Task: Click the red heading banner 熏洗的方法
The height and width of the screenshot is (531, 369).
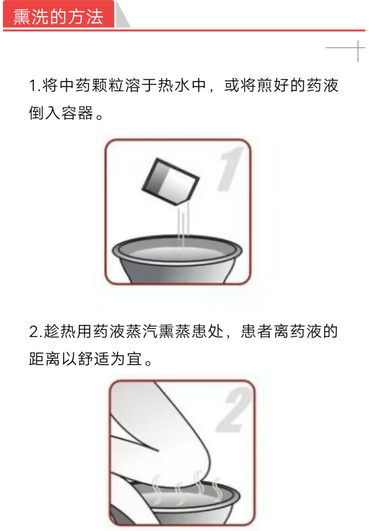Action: click(58, 14)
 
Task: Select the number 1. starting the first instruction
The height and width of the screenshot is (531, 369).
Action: click(35, 86)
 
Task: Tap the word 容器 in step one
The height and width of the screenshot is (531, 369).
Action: click(77, 113)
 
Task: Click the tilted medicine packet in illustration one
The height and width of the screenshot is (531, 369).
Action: click(170, 181)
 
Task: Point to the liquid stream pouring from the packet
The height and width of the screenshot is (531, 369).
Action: click(183, 223)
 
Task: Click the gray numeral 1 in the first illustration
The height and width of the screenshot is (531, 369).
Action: click(229, 168)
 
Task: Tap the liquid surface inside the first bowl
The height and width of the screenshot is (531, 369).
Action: click(177, 253)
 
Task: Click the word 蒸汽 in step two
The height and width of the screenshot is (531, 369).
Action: click(141, 331)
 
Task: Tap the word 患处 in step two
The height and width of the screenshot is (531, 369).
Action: click(207, 331)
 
